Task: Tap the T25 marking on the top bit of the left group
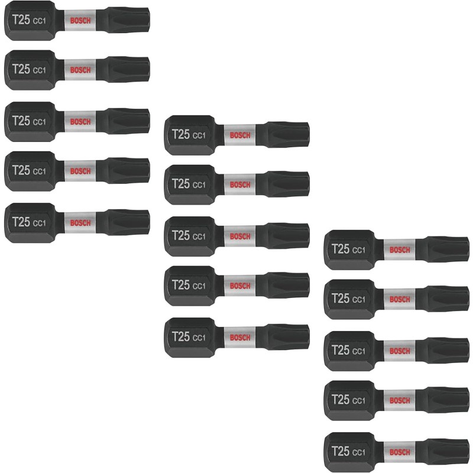point(21,19)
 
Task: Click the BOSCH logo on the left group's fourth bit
point(80,171)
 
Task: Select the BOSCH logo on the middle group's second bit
point(240,184)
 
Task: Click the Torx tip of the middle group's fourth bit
point(289,286)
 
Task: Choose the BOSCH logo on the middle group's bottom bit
point(240,338)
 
